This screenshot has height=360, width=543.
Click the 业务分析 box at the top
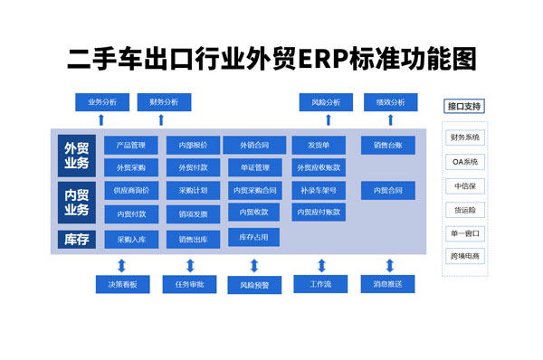[102, 101]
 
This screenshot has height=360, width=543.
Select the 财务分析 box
[165, 101]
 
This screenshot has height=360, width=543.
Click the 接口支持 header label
[464, 106]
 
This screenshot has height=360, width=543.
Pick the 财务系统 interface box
[465, 138]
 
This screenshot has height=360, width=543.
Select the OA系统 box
[465, 162]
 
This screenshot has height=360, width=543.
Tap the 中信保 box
[465, 185]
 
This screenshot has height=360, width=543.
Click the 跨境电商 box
[465, 256]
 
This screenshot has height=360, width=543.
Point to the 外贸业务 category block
[77, 155]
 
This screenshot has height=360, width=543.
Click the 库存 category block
[77, 240]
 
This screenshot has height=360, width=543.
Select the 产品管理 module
[125, 145]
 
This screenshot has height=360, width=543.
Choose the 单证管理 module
[254, 167]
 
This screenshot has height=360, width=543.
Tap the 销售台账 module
[388, 145]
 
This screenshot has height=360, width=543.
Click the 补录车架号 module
[319, 191]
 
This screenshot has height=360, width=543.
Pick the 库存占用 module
[254, 237]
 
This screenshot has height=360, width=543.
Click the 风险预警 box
[254, 285]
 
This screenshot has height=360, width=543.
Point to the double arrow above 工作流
[321, 265]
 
